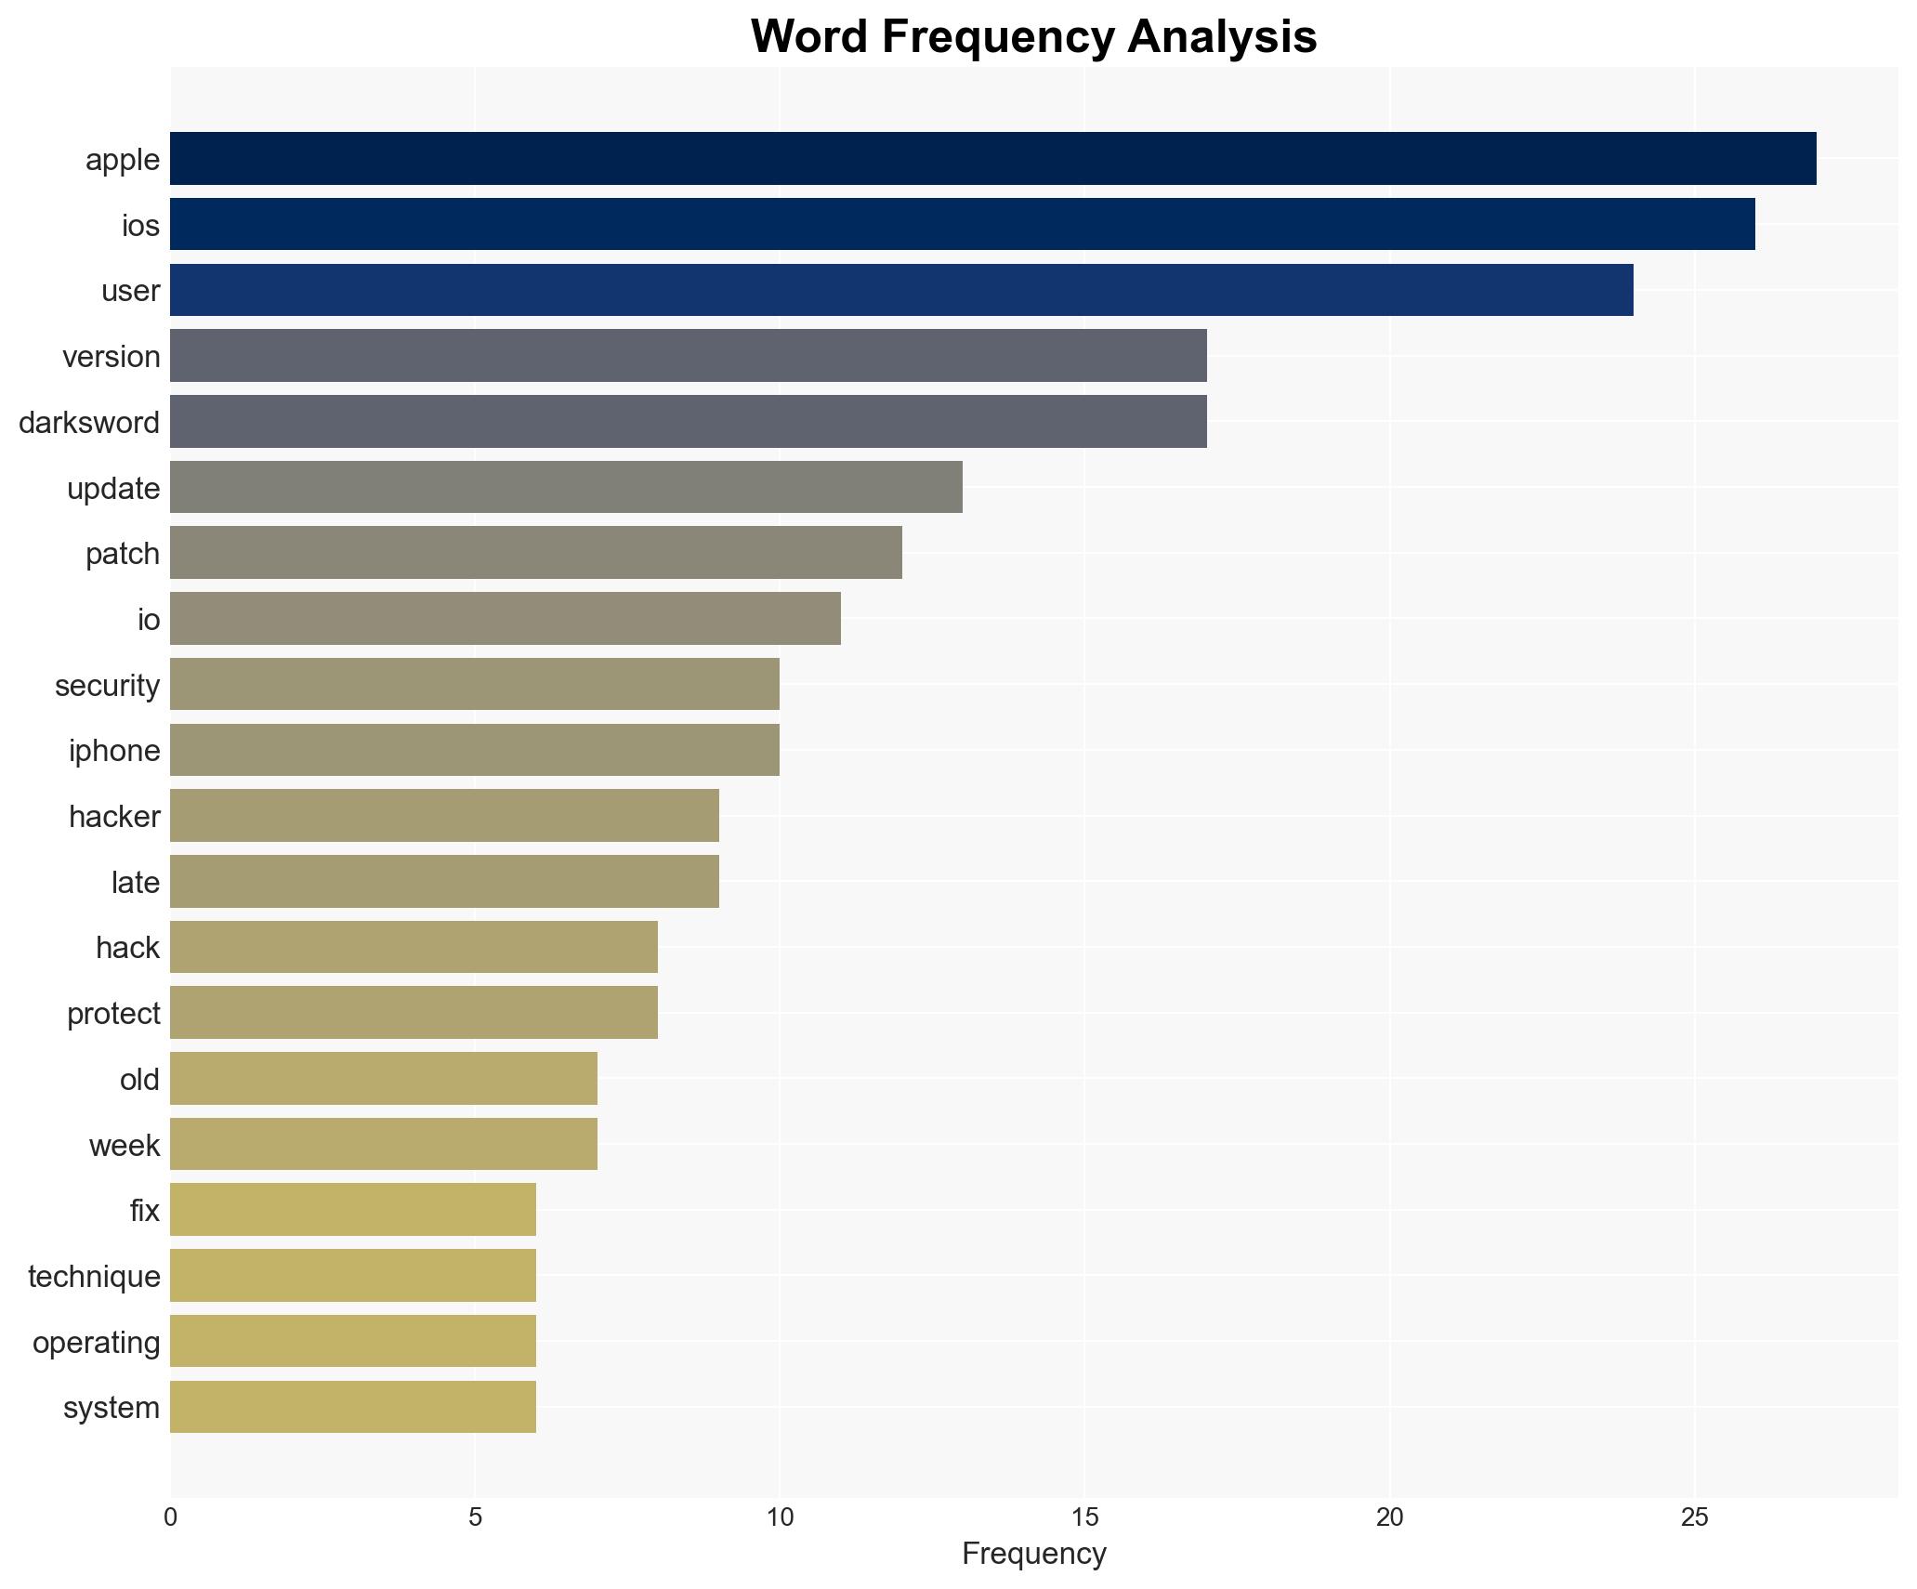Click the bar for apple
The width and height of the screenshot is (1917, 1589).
pyautogui.click(x=992, y=159)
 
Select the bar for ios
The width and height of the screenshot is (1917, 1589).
pyautogui.click(x=962, y=225)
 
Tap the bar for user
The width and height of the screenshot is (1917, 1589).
pyautogui.click(x=901, y=290)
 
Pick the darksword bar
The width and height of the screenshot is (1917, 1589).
pyautogui.click(x=688, y=422)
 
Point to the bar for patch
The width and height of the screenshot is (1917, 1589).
pyautogui.click(x=535, y=553)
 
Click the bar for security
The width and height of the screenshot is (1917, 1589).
pyautogui.click(x=474, y=685)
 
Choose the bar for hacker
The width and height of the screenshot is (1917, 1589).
pyautogui.click(x=444, y=816)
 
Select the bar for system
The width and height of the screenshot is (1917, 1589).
pyautogui.click(x=353, y=1407)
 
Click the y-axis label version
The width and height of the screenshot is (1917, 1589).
pyautogui.click(x=112, y=357)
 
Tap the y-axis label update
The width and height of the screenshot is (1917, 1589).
pyautogui.click(x=113, y=489)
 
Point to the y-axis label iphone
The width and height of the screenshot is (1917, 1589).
pyautogui.click(x=114, y=751)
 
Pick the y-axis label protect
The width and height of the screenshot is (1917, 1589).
pyautogui.click(x=113, y=1014)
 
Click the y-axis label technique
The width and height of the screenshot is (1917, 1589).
pyautogui.click(x=94, y=1277)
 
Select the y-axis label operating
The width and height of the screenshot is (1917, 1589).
pyautogui.click(x=97, y=1343)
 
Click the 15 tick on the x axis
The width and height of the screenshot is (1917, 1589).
pyautogui.click(x=1084, y=1518)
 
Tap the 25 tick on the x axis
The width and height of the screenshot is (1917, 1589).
pyautogui.click(x=1694, y=1518)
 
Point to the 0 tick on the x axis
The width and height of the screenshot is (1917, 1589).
pyautogui.click(x=170, y=1518)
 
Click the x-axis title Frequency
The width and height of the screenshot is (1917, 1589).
pyautogui.click(x=1033, y=1555)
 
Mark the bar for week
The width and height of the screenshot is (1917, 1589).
pyautogui.click(x=383, y=1144)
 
